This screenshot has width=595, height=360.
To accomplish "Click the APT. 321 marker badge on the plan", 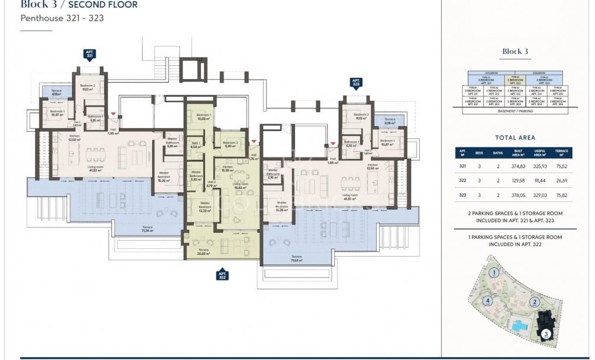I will click(x=90, y=54).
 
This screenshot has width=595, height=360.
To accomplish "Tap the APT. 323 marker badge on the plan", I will click(x=356, y=82).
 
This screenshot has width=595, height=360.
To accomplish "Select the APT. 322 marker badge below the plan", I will click(x=222, y=274).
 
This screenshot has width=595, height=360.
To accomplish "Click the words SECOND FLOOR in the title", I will click(x=106, y=5).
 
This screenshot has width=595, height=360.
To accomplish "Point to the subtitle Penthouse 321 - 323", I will click(x=62, y=18).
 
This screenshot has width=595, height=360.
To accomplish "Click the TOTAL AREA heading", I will click(x=515, y=138).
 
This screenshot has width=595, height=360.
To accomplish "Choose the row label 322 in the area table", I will click(x=462, y=181).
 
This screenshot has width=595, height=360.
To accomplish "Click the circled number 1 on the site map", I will click(x=493, y=273).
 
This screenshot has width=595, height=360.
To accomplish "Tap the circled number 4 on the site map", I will click(x=487, y=301).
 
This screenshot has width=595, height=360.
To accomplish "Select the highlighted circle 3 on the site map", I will click(x=546, y=334).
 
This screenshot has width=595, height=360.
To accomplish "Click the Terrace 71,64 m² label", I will click(x=296, y=258).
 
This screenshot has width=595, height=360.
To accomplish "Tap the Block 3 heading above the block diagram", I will click(x=515, y=52).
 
